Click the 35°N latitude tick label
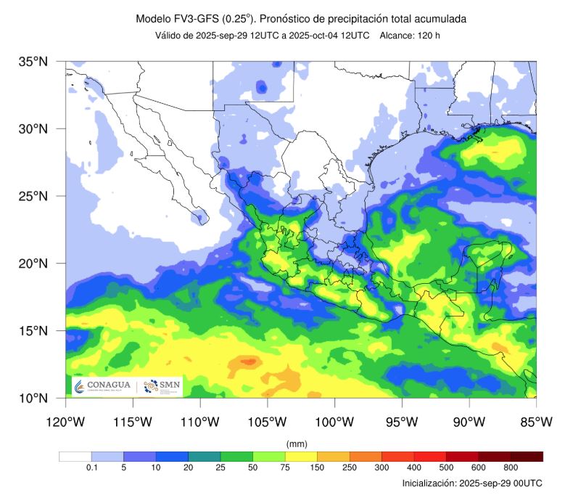tap(33, 62)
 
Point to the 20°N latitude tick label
tap(33, 264)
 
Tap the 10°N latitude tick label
tap(33, 398)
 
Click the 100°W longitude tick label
tap(334, 422)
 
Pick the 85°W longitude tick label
tap(536, 422)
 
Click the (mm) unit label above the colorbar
tap(297, 443)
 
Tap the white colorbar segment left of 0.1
tap(75, 457)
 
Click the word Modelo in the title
tap(154, 18)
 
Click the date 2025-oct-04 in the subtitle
tap(319, 36)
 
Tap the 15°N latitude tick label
tap(33, 331)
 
